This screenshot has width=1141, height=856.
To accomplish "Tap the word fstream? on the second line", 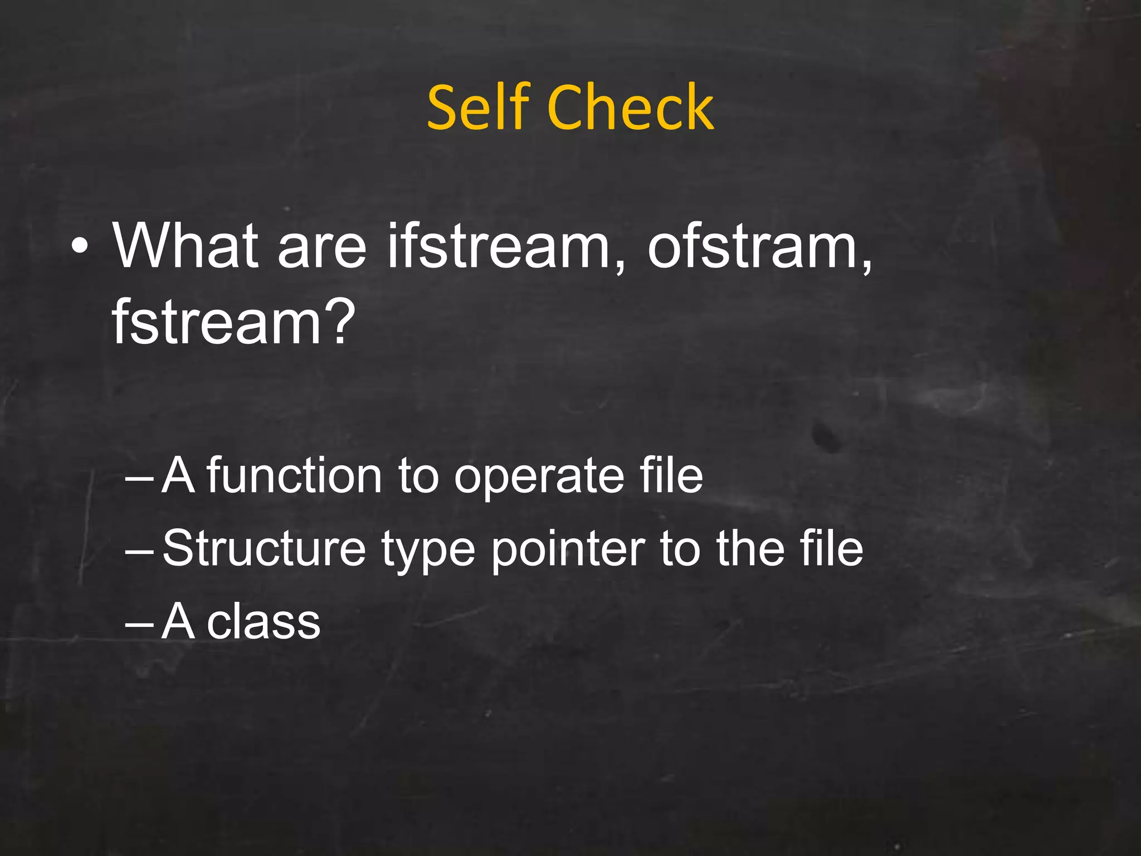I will (233, 322).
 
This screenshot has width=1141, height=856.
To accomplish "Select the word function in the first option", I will (294, 476).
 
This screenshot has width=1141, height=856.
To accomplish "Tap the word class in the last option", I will (264, 621).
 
